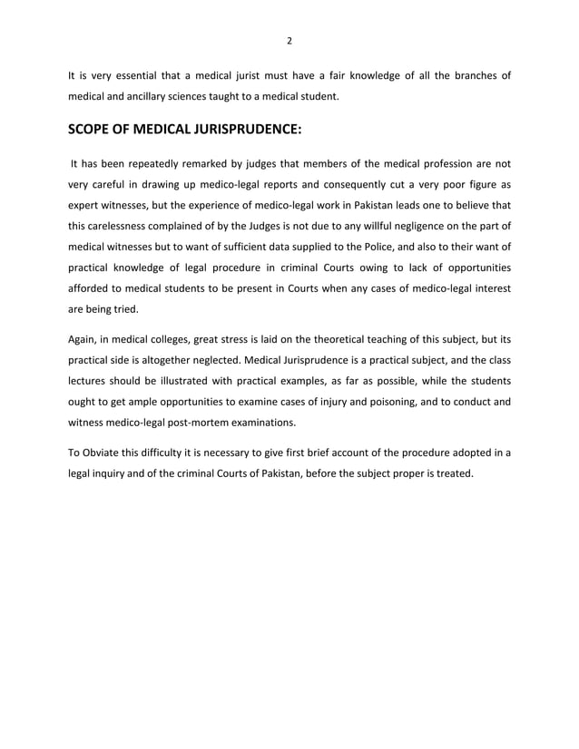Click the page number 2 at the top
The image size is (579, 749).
[289, 41]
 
